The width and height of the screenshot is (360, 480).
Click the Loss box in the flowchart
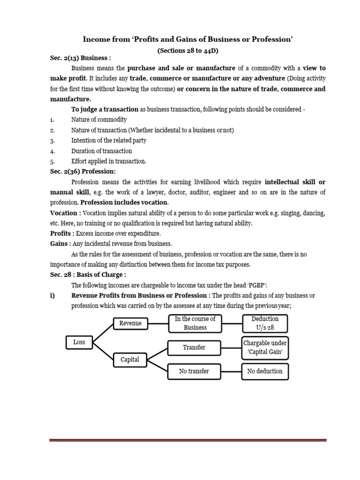point(79,342)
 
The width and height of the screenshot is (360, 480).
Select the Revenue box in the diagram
point(131,323)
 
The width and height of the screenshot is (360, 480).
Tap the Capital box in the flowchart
point(130,360)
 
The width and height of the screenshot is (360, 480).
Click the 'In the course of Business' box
point(195,323)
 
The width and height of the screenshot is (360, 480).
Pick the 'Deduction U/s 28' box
point(265,323)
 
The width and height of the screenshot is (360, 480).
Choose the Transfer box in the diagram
point(194,347)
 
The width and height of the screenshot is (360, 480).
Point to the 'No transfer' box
point(194,371)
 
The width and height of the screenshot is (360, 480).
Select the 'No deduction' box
point(265,371)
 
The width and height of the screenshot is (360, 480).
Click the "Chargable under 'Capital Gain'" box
point(265,347)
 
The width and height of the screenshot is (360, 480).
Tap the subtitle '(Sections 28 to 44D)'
point(187,50)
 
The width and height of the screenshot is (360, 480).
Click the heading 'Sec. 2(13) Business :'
point(81,58)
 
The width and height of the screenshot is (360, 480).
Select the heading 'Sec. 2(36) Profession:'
point(83,172)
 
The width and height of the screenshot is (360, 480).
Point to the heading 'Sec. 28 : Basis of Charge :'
point(88,275)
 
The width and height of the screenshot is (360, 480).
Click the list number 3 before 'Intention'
point(52,141)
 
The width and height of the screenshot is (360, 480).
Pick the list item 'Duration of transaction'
point(102,151)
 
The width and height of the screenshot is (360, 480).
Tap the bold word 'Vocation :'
point(66,213)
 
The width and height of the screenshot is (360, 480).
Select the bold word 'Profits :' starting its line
point(62,233)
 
